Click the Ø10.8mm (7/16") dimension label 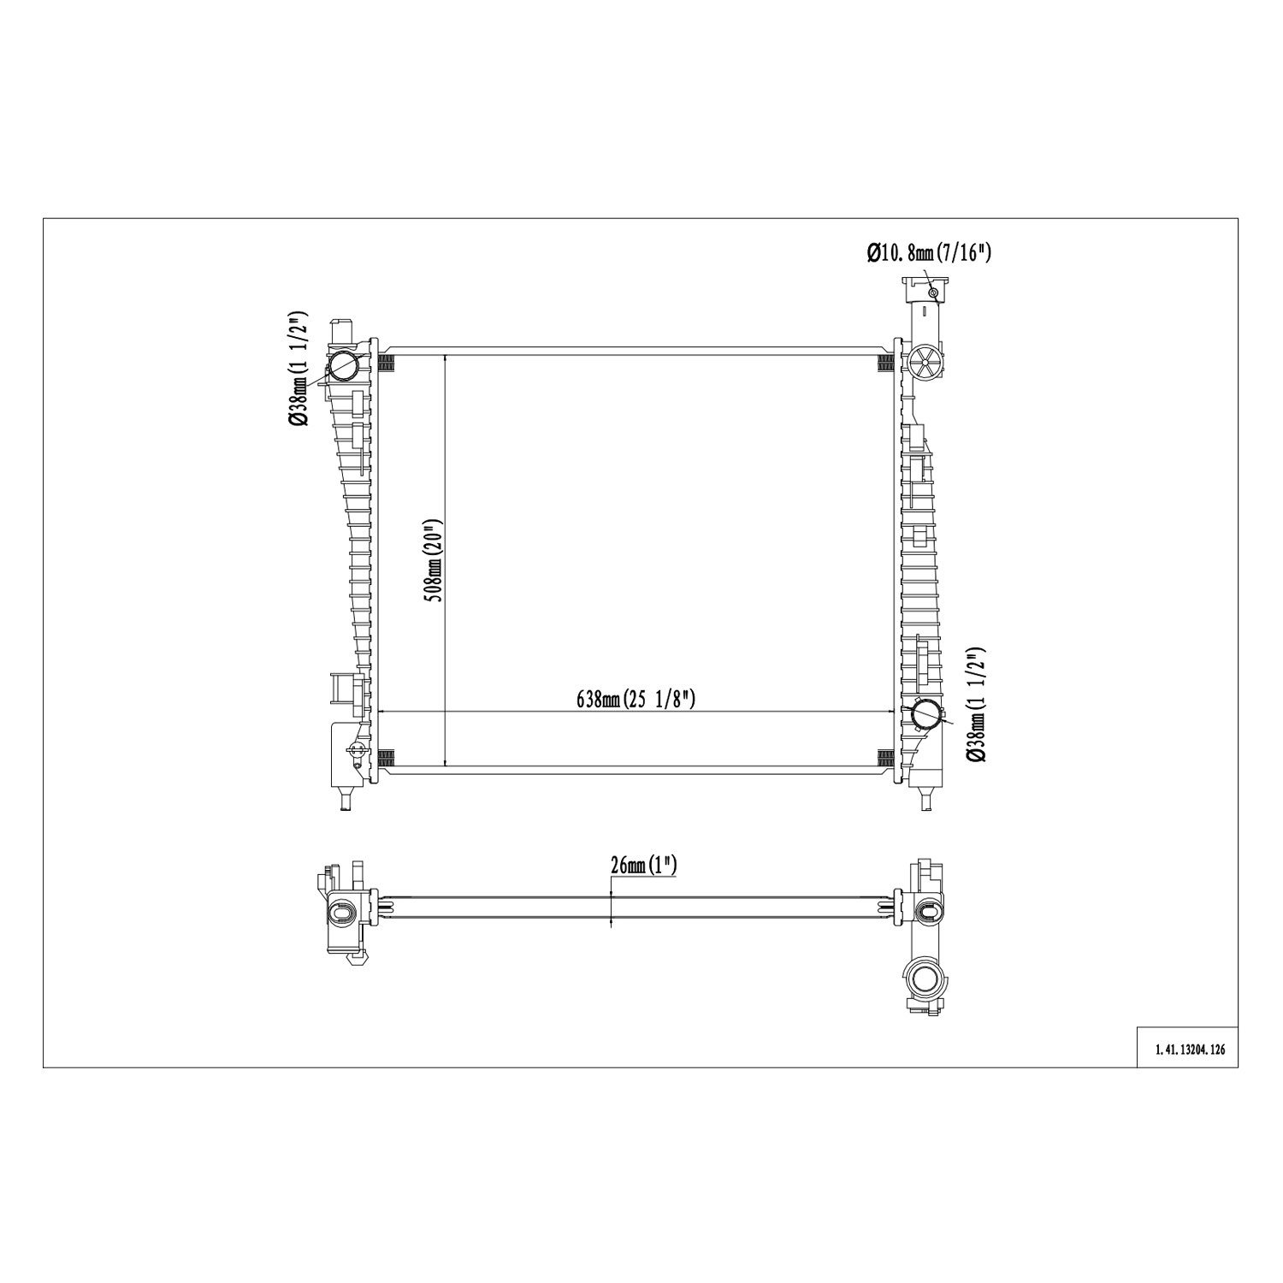coord(928,252)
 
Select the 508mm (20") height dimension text coord(435,560)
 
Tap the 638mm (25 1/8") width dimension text coord(636,699)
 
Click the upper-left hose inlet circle coord(344,365)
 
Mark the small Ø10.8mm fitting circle coord(933,293)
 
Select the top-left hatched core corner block coord(386,364)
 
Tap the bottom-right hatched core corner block coord(886,756)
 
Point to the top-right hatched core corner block coord(886,364)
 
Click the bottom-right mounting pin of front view coord(925,801)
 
